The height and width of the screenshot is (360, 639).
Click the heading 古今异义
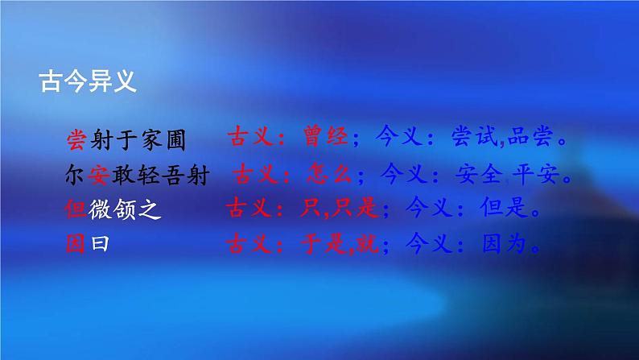tap(87, 82)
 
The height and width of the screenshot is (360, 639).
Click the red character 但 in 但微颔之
tap(75, 210)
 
